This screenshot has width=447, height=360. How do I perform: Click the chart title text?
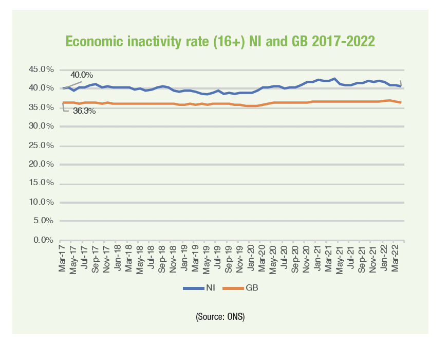coord(220,42)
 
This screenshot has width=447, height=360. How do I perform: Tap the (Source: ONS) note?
coord(220,317)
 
